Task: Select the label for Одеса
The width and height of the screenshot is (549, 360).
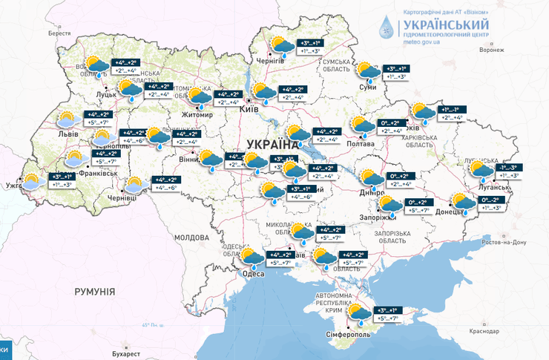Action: pyautogui.click(x=254, y=274)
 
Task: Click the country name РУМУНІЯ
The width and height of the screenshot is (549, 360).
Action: pyautogui.click(x=95, y=292)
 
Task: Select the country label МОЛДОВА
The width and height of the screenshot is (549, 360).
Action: pyautogui.click(x=191, y=237)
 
